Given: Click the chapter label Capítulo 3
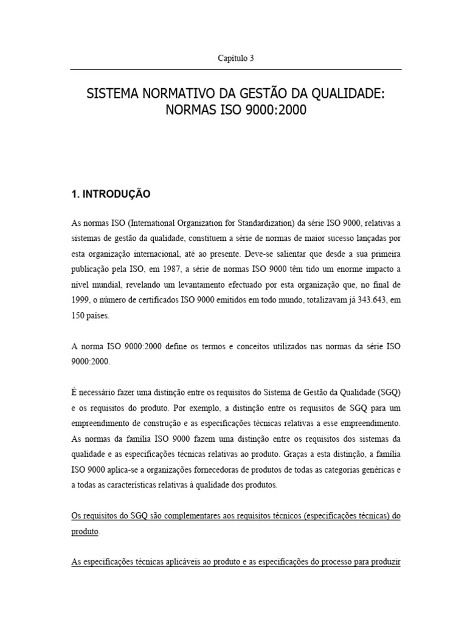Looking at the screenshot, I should (x=236, y=58).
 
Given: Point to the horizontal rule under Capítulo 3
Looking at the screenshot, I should (x=236, y=70).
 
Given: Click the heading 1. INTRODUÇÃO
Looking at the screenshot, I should (x=111, y=195).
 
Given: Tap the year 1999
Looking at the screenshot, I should (x=80, y=301).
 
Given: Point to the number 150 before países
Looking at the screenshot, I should (x=80, y=317).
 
